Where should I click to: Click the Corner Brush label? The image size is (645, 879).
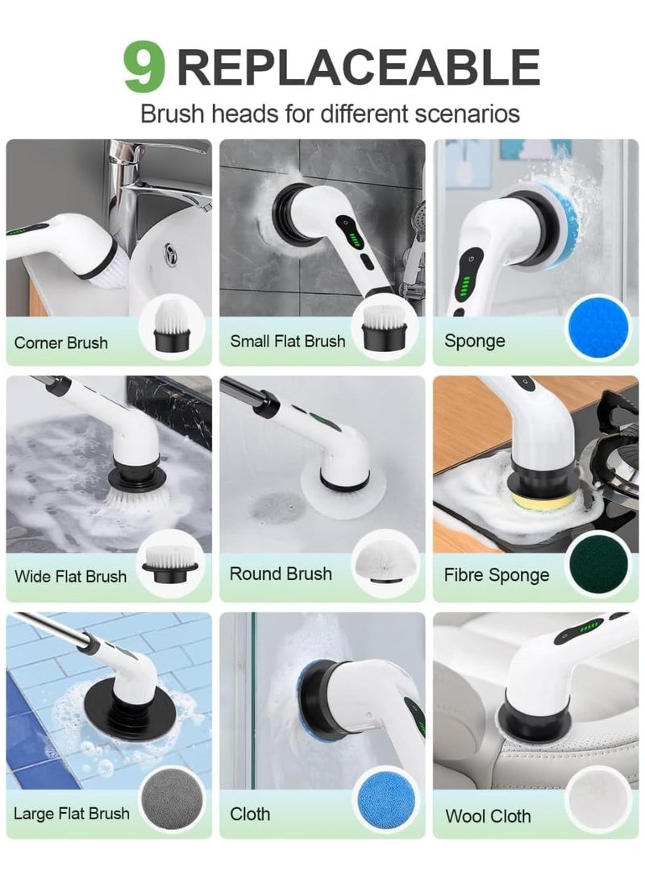(x=61, y=342)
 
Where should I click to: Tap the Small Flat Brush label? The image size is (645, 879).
(x=287, y=341)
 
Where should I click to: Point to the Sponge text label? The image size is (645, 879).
(x=475, y=341)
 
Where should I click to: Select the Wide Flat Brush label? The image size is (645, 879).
(x=71, y=576)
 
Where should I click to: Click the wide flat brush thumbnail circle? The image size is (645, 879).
(x=171, y=564)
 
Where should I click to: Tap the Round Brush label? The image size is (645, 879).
(x=281, y=574)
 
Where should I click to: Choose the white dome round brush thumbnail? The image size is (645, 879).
(x=384, y=562)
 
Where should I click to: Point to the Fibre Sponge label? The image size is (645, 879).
(x=497, y=575)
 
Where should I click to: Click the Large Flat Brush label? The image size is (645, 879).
(x=72, y=813)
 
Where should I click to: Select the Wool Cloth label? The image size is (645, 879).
(x=488, y=816)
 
